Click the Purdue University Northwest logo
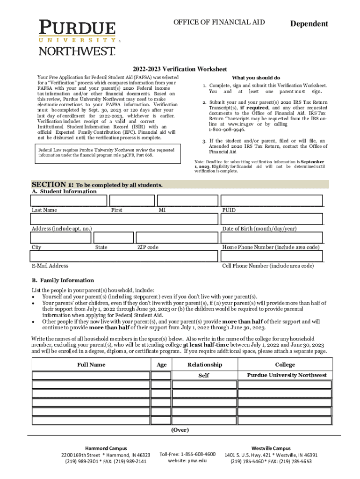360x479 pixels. [77, 37]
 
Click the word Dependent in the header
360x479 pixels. [309, 24]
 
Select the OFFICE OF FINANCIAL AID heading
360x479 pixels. [219, 22]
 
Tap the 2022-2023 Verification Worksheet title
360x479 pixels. [180, 69]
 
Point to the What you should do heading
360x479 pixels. [256, 78]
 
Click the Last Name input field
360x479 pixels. [68, 200]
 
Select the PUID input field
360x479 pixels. [272, 200]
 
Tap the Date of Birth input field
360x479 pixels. [272, 219]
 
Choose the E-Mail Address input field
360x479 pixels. [124, 256]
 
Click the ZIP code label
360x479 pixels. [148, 247]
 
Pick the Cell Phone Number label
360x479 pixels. [268, 266]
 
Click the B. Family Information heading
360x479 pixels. [63, 280]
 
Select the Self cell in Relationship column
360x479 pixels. [204, 376]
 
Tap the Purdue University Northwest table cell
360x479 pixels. [287, 375]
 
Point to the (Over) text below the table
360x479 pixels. [180, 429]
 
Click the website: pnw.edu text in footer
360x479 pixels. [187, 461]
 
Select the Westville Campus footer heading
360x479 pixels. [271, 448]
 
